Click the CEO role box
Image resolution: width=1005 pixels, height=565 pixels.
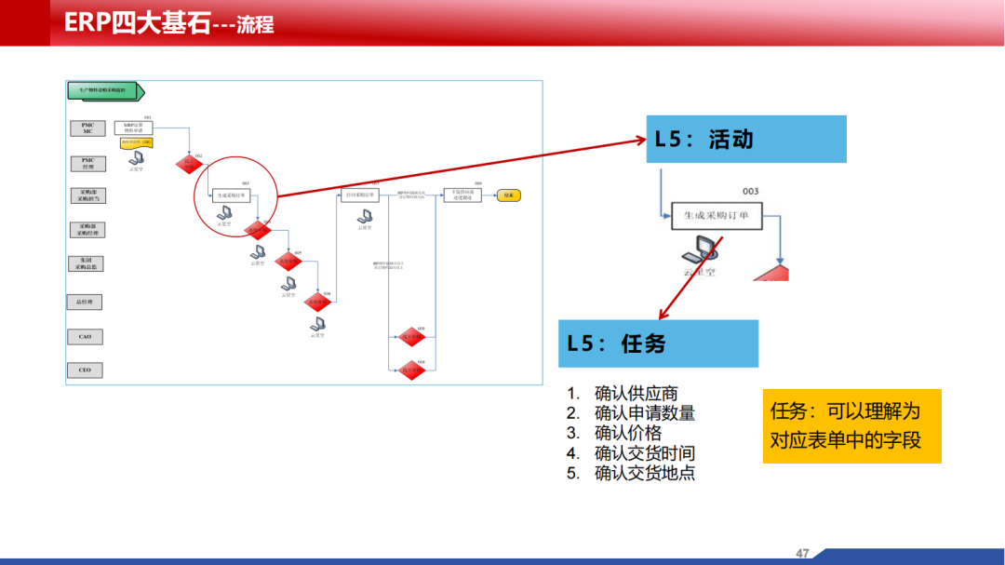[85, 370]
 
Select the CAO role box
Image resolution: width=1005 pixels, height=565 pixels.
[85, 337]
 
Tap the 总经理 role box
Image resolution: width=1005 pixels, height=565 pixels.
[85, 303]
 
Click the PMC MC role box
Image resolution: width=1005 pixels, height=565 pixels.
[87, 128]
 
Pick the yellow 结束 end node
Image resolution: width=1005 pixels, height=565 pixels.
[508, 195]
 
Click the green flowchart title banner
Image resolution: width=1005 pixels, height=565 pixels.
[103, 90]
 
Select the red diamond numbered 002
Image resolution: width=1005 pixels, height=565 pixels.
[188, 162]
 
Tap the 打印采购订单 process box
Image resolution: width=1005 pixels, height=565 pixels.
[360, 195]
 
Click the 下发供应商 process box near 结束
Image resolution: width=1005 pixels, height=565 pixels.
[462, 195]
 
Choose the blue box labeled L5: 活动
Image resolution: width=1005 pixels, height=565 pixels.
[746, 140]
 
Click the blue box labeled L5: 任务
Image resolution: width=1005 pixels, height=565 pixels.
[658, 343]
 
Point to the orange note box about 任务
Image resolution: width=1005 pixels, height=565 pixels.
[851, 425]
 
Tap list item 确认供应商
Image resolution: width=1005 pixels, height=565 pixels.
[636, 394]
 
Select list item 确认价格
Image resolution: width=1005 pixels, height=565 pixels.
[628, 433]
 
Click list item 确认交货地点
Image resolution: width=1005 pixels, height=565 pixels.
[644, 473]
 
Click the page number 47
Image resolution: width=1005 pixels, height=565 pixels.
[803, 553]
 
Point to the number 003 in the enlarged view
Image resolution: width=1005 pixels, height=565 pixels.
[750, 192]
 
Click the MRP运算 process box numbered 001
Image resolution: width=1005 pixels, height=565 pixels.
[133, 128]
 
